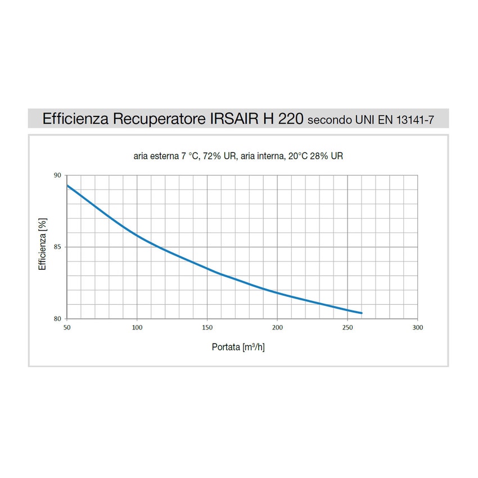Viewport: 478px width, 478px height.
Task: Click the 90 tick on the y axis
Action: pyautogui.click(x=57, y=175)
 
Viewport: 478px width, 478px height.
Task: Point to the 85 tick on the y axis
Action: pyautogui.click(x=57, y=247)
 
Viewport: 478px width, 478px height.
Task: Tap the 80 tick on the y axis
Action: pyautogui.click(x=57, y=319)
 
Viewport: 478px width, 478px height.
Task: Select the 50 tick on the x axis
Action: pyautogui.click(x=67, y=327)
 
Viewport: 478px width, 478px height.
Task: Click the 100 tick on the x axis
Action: pyautogui.click(x=137, y=327)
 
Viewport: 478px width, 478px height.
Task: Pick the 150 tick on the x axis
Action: pyautogui.click(x=207, y=327)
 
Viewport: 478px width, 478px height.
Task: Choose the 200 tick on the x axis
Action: pyautogui.click(x=277, y=327)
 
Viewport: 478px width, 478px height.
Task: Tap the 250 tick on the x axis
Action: pyautogui.click(x=348, y=327)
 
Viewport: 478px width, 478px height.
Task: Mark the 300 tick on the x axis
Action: pyautogui.click(x=417, y=327)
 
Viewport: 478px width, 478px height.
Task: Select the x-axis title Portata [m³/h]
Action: pyautogui.click(x=238, y=347)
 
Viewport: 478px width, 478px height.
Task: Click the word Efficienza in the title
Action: pyautogui.click(x=76, y=119)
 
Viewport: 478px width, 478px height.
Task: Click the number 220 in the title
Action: pyautogui.click(x=292, y=119)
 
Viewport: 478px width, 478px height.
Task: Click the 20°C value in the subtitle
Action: pyautogui.click(x=299, y=156)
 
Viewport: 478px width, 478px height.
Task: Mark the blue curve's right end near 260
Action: pyautogui.click(x=362, y=313)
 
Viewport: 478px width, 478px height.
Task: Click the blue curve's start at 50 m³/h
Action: pyautogui.click(x=67, y=185)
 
